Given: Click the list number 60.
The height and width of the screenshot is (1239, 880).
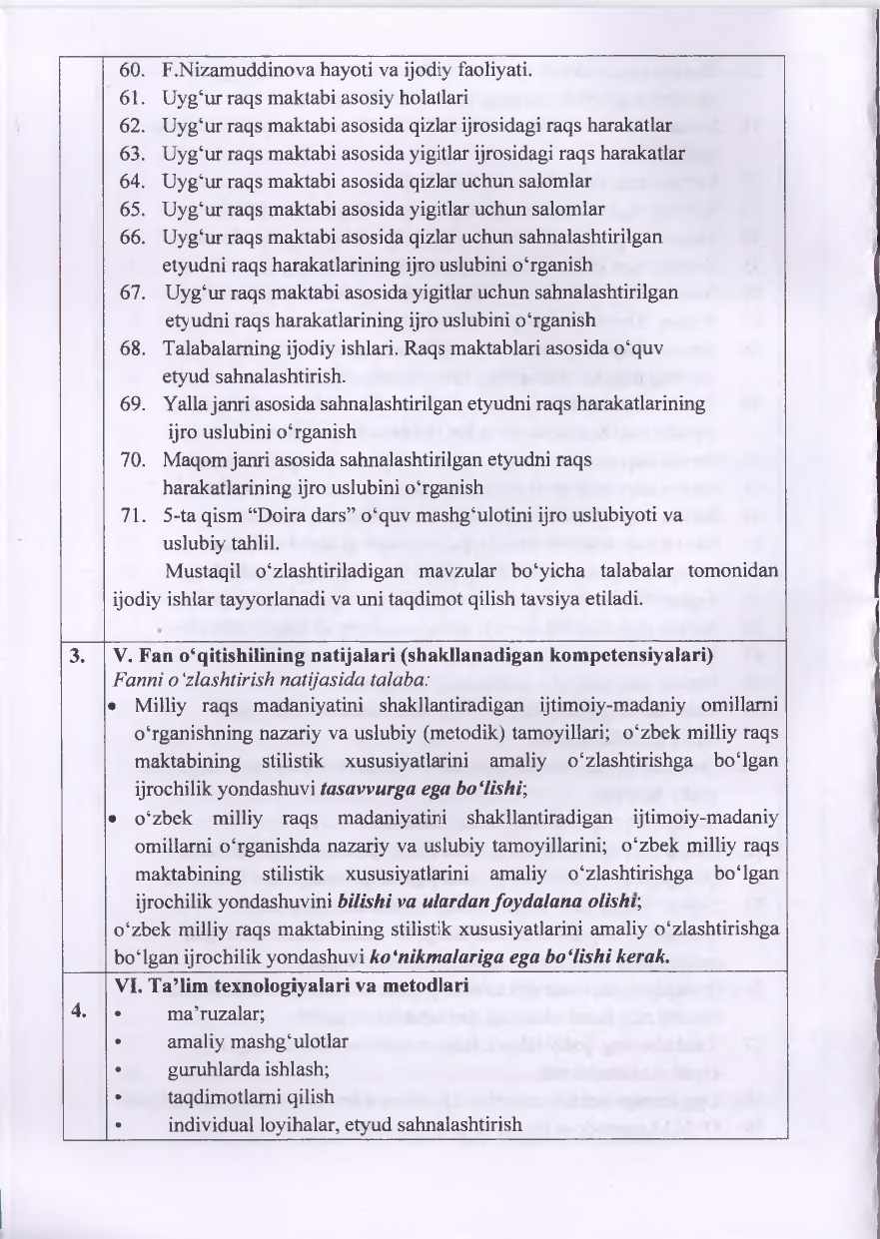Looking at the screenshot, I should click(x=133, y=70).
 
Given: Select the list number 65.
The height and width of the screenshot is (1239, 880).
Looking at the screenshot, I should click(x=133, y=210).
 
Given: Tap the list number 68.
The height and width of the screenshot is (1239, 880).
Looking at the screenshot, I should click(x=133, y=349).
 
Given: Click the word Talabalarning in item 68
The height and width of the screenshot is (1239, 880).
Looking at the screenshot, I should click(x=217, y=349).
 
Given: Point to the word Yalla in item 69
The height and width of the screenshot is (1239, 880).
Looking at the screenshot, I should click(x=183, y=405).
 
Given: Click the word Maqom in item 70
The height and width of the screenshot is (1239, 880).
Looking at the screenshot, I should click(x=189, y=461).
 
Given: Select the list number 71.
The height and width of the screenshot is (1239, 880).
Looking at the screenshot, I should click(x=133, y=516).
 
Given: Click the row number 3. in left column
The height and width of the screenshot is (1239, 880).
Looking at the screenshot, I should click(x=77, y=657).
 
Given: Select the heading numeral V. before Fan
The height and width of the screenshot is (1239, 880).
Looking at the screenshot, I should click(x=123, y=657).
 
